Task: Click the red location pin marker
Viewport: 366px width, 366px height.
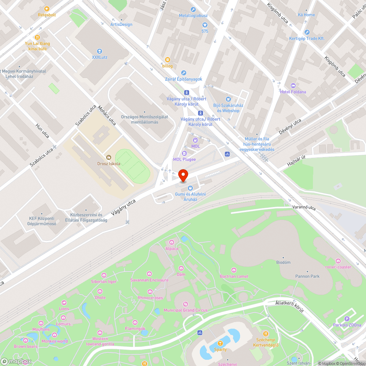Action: coord(183,175)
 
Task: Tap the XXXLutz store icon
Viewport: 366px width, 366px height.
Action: coord(99,51)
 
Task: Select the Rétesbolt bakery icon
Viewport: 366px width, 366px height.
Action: coord(46,9)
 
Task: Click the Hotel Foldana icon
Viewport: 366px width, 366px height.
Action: coord(292,86)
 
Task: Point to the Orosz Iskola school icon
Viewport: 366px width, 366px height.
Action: coord(108,157)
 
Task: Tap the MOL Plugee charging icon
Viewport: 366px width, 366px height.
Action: coord(184,153)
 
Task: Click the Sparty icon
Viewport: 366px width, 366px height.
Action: coord(220,343)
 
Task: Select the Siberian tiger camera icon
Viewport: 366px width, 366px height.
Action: coord(104,275)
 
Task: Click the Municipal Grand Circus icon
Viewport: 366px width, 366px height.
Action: coord(185,304)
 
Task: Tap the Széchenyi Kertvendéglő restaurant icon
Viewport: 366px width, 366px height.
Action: coord(266,334)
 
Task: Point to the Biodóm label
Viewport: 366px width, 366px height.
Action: coord(283,262)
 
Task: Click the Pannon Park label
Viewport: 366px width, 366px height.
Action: coord(307,276)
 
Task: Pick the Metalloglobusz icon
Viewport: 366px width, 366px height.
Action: coord(193,10)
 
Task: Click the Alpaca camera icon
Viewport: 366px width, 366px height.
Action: coord(172,242)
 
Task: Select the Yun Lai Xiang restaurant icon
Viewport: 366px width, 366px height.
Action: coord(37,37)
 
